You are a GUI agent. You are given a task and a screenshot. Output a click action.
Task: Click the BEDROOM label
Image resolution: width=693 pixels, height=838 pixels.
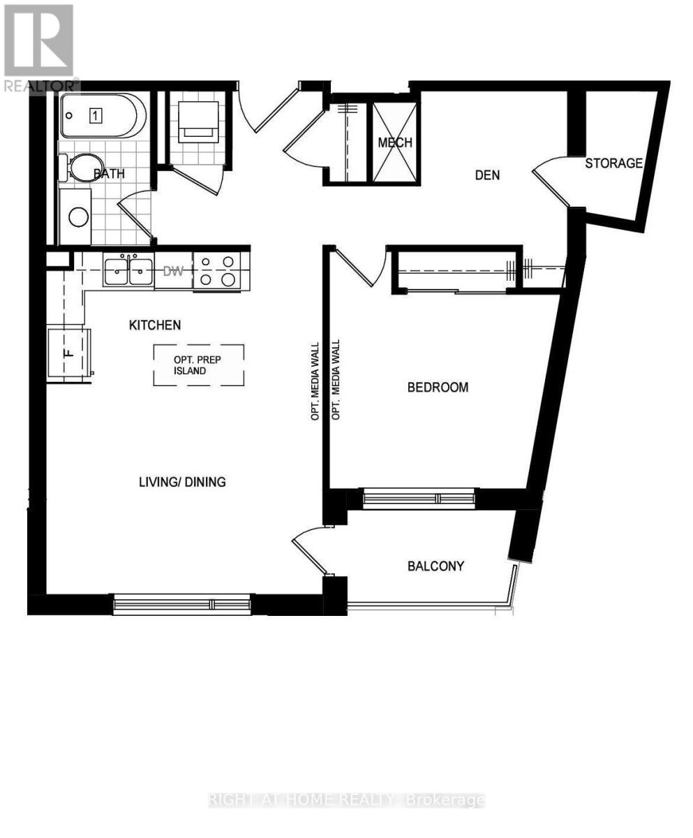click(x=438, y=388)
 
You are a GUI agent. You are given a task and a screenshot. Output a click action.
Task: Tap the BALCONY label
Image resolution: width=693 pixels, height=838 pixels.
click(x=436, y=566)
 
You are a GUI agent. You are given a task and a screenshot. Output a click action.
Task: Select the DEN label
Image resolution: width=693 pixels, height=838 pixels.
click(x=487, y=175)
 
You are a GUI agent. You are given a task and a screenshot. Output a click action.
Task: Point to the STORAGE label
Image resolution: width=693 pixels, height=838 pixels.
click(x=613, y=163)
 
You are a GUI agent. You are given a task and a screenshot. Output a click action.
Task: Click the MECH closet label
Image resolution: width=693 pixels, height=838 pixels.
click(x=395, y=142)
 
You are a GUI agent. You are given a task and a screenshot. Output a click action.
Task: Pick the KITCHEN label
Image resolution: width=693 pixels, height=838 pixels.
click(x=155, y=325)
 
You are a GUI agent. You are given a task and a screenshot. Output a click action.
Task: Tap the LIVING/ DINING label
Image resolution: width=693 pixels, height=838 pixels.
click(x=182, y=482)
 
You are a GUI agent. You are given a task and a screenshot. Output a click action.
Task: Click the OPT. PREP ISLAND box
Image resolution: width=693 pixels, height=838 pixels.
click(x=199, y=365)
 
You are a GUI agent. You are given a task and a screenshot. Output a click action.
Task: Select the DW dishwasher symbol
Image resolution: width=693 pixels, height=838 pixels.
click(x=173, y=271)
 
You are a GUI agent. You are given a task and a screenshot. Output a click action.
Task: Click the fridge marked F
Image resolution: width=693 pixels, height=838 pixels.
click(x=69, y=353)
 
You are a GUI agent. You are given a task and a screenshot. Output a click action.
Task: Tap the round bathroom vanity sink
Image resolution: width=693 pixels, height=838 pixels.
click(x=79, y=217)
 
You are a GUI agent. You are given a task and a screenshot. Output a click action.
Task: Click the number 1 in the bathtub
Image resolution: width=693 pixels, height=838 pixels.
click(x=95, y=116)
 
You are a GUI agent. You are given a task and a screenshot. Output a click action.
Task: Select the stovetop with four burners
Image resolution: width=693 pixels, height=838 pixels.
click(x=217, y=271)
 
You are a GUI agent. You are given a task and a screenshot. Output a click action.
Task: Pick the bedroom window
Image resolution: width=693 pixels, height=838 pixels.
click(x=419, y=499)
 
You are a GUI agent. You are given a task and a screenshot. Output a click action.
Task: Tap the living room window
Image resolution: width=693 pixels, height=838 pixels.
click(x=182, y=604)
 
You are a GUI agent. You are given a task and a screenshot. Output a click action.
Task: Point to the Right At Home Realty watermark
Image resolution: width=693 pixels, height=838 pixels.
click(x=346, y=800)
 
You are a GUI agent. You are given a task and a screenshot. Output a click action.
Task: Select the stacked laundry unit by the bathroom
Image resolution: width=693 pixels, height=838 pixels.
click(x=198, y=122)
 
